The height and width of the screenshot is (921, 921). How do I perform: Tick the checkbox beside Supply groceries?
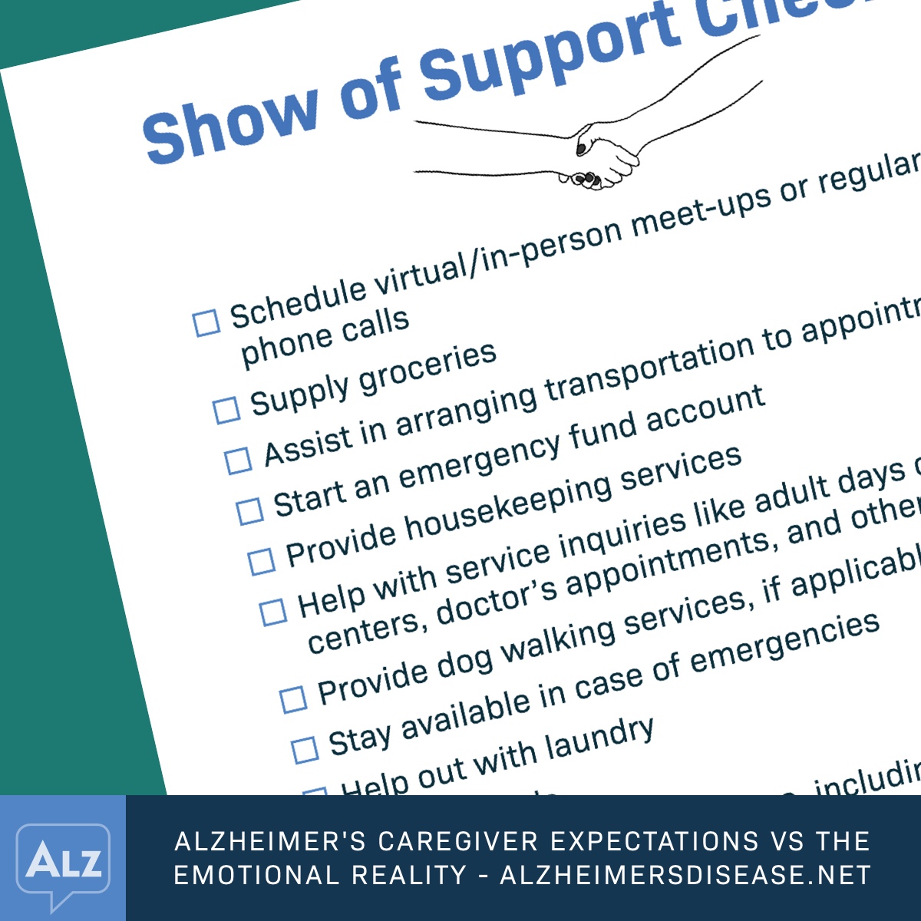(x=226, y=410)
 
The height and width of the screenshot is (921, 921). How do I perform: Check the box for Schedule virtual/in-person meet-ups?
(x=206, y=323)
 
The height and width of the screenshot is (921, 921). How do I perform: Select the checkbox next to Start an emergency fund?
(x=249, y=511)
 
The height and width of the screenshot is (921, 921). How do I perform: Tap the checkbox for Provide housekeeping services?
(x=261, y=561)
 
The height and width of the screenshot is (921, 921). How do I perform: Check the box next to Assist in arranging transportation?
(x=238, y=460)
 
